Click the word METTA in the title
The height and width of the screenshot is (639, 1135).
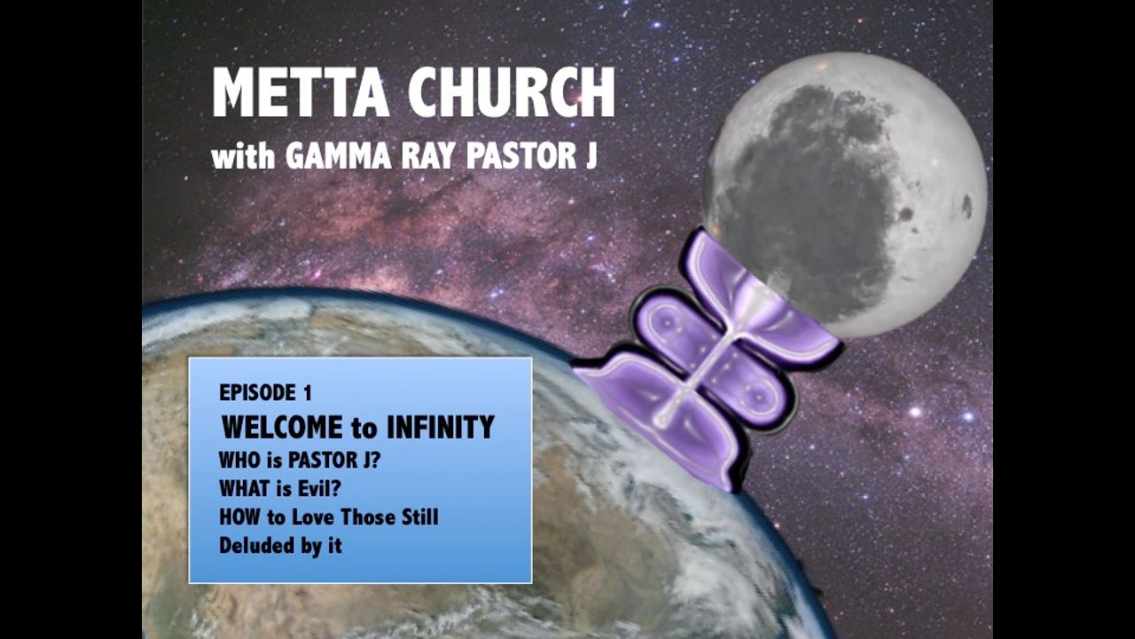click(x=301, y=92)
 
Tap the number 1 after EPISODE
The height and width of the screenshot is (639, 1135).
click(x=307, y=393)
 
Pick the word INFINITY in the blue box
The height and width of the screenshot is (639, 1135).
click(x=440, y=427)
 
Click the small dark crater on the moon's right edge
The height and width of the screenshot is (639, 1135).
click(x=967, y=207)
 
